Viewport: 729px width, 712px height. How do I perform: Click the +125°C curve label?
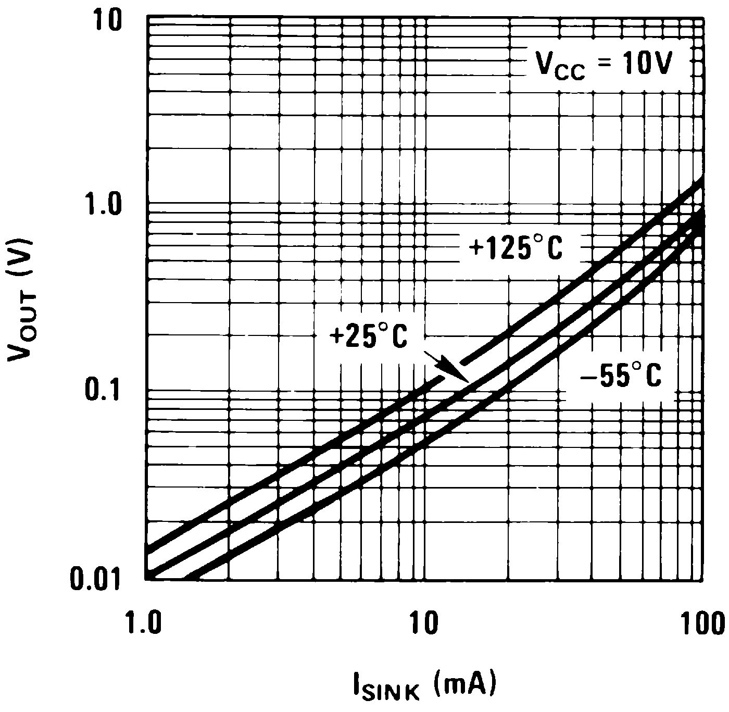click(x=516, y=249)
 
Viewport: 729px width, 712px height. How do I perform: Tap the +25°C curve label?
click(x=368, y=336)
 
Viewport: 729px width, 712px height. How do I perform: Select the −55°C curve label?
click(x=621, y=376)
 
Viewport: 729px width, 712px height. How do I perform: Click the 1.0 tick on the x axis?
click(x=146, y=623)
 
